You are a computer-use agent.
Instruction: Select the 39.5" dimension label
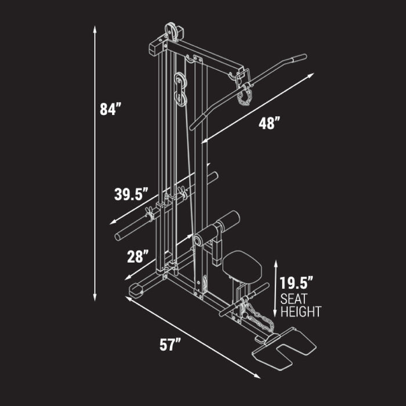pos(132,194)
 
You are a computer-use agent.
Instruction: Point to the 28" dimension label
pos(139,256)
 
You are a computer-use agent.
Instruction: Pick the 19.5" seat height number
pos(296,284)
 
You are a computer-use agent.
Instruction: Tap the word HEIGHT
pos(300,312)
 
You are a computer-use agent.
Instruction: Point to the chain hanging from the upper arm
pos(244,95)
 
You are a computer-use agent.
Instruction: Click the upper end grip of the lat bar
pos(298,57)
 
